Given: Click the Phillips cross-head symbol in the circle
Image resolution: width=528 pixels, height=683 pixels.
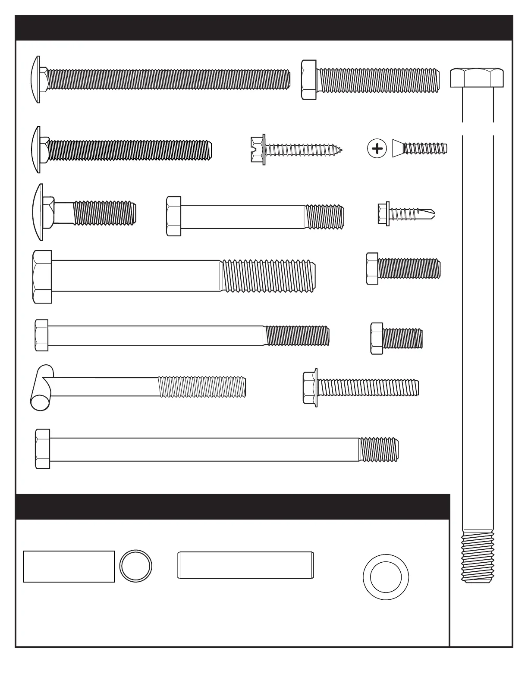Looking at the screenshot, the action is coord(377,149).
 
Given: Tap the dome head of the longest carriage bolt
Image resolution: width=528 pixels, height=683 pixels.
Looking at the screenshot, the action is coord(36,79).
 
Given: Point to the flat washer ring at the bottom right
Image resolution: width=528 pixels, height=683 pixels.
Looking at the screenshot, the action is coord(386,577).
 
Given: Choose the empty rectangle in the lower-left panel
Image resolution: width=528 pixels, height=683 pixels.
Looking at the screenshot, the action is coord(69,567).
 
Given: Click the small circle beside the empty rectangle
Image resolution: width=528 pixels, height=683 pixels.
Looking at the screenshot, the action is coord(135,566).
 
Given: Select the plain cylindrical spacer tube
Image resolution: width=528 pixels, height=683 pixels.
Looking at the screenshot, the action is coord(245,565).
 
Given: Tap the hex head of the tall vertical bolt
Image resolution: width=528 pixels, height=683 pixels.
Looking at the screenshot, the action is coord(477,78).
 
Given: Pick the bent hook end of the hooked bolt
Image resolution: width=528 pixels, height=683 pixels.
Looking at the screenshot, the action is coord(42,388).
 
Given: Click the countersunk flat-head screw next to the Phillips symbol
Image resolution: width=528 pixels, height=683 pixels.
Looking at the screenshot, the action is coord(419,149).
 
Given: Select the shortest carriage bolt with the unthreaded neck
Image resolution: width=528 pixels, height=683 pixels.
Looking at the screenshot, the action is coord(84,212).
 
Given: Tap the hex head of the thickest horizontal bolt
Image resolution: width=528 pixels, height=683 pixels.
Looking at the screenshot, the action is coord(42,277).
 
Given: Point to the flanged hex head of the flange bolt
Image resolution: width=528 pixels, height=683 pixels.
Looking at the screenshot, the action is coord(310,387).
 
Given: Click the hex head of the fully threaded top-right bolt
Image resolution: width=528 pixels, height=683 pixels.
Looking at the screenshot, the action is coord(309,80).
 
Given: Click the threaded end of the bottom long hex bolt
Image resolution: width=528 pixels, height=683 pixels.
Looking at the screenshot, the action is coord(379,449).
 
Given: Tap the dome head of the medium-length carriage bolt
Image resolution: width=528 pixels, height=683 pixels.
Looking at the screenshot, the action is coord(36,150).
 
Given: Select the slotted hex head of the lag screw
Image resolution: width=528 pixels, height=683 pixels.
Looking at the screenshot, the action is coord(258,149).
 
